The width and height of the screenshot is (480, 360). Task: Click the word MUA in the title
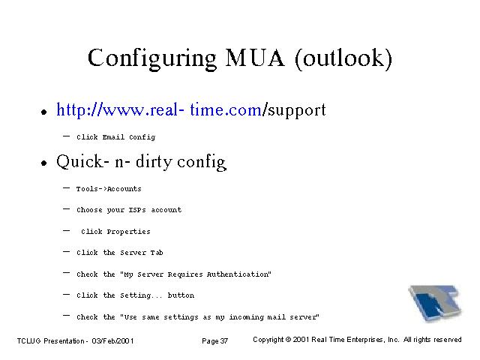click(x=255, y=58)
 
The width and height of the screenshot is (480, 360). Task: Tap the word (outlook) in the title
click(x=343, y=58)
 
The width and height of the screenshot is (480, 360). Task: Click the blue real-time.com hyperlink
click(x=159, y=110)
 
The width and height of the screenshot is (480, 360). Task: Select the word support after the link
click(x=297, y=111)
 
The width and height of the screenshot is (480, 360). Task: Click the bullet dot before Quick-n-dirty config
click(x=44, y=163)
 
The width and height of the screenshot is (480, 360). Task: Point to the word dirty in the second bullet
click(x=154, y=162)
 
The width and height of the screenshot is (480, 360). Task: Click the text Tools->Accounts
click(x=109, y=189)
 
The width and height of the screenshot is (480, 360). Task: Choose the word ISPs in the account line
click(x=137, y=210)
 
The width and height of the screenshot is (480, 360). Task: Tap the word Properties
click(x=128, y=232)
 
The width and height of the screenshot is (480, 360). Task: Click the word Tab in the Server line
click(x=157, y=253)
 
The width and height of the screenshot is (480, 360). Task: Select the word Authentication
click(x=238, y=274)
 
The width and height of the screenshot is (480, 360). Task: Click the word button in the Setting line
click(x=181, y=295)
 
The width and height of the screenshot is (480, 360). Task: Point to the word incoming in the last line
click(x=247, y=317)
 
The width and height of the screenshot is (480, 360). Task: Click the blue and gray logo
click(x=435, y=303)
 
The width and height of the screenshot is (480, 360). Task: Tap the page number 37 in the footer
click(x=224, y=341)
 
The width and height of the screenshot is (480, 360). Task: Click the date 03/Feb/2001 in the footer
click(x=112, y=341)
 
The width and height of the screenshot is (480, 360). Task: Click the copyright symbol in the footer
click(x=288, y=340)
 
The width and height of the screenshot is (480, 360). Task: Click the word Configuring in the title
click(x=152, y=58)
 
